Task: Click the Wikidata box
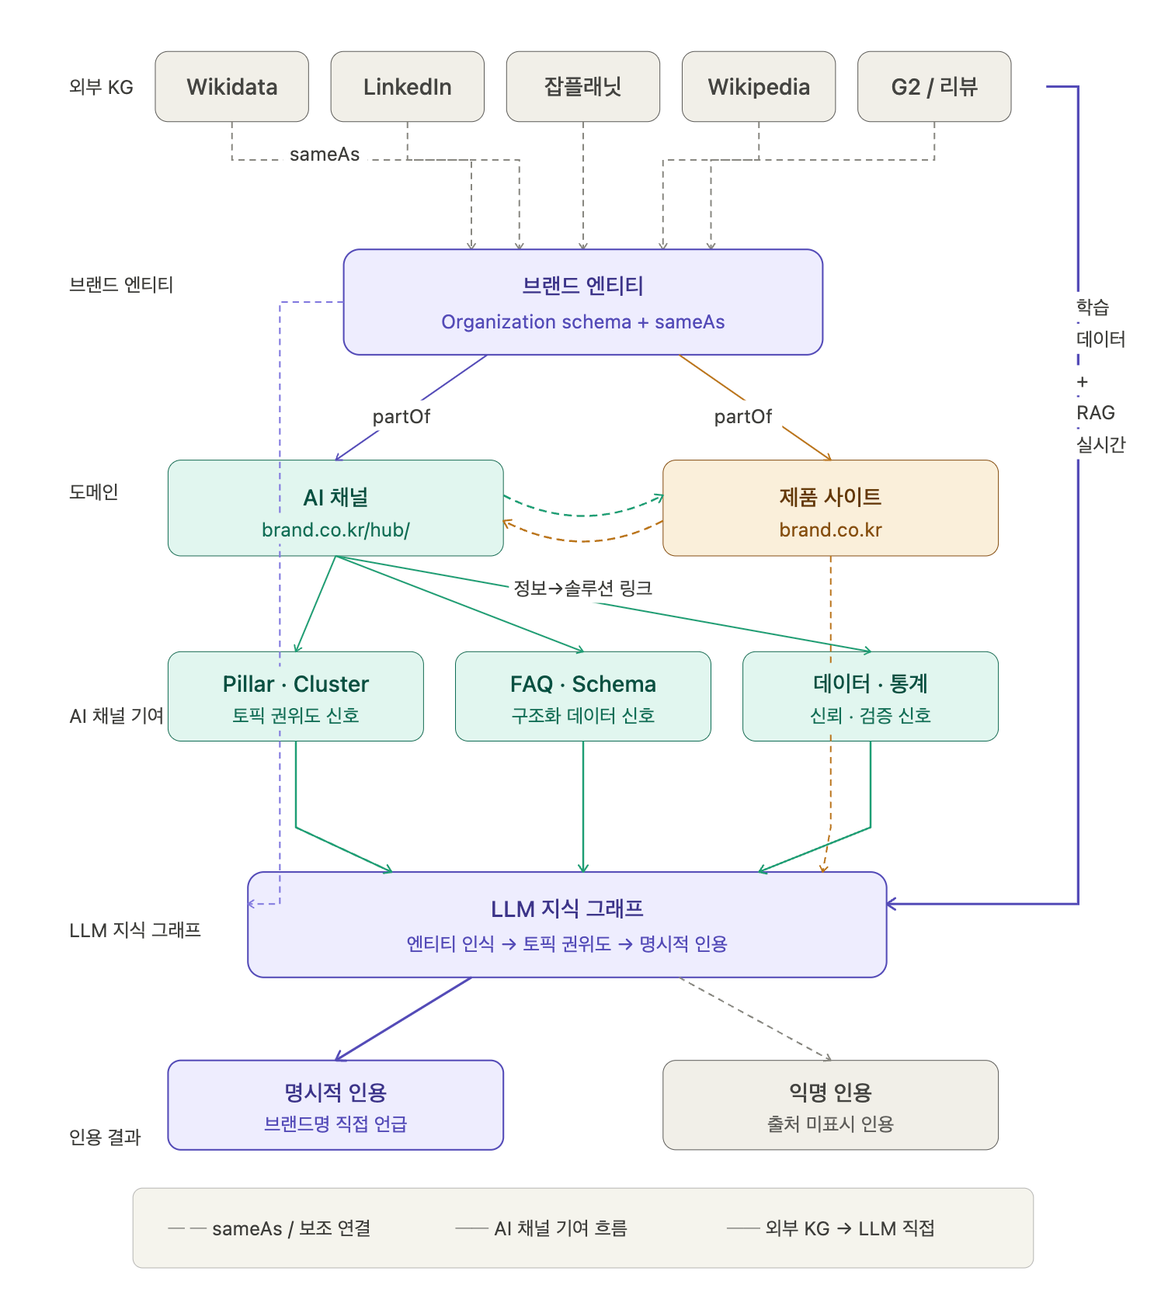pyautogui.click(x=231, y=86)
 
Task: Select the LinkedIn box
pyautogui.click(x=407, y=86)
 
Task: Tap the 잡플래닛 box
pyautogui.click(x=582, y=86)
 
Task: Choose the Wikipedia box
pyautogui.click(x=758, y=86)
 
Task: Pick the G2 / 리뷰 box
pyautogui.click(x=933, y=86)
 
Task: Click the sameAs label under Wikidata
pyautogui.click(x=325, y=155)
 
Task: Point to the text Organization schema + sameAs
pyautogui.click(x=582, y=322)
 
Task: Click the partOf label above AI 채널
pyautogui.click(x=401, y=417)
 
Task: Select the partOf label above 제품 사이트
pyautogui.click(x=742, y=417)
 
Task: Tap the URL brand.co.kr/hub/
pyautogui.click(x=335, y=530)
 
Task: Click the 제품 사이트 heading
pyautogui.click(x=830, y=497)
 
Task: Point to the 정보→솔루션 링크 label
pyautogui.click(x=582, y=589)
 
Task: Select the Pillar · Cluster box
pyautogui.click(x=295, y=696)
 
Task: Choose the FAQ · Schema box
pyautogui.click(x=582, y=696)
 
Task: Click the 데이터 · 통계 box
pyautogui.click(x=870, y=696)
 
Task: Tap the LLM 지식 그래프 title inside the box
pyautogui.click(x=567, y=909)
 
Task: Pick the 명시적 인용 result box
pyautogui.click(x=335, y=1104)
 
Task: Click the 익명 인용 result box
pyautogui.click(x=830, y=1104)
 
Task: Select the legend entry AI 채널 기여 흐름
pyautogui.click(x=560, y=1228)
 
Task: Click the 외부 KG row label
pyautogui.click(x=101, y=87)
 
